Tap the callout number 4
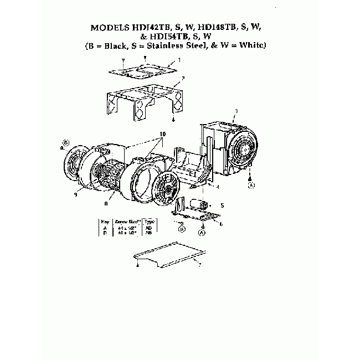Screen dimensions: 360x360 pos(218,187)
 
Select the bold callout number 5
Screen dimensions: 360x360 pos(223,205)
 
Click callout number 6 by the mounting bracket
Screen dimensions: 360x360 pos(221,223)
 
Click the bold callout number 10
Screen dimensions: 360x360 pos(163,134)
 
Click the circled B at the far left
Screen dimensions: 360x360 pos(65,143)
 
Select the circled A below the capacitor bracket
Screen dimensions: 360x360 pos(201,233)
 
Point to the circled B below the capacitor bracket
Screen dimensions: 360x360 pos(182,228)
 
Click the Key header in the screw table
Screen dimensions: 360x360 pos(105,220)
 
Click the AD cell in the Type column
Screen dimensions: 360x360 pos(148,227)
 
